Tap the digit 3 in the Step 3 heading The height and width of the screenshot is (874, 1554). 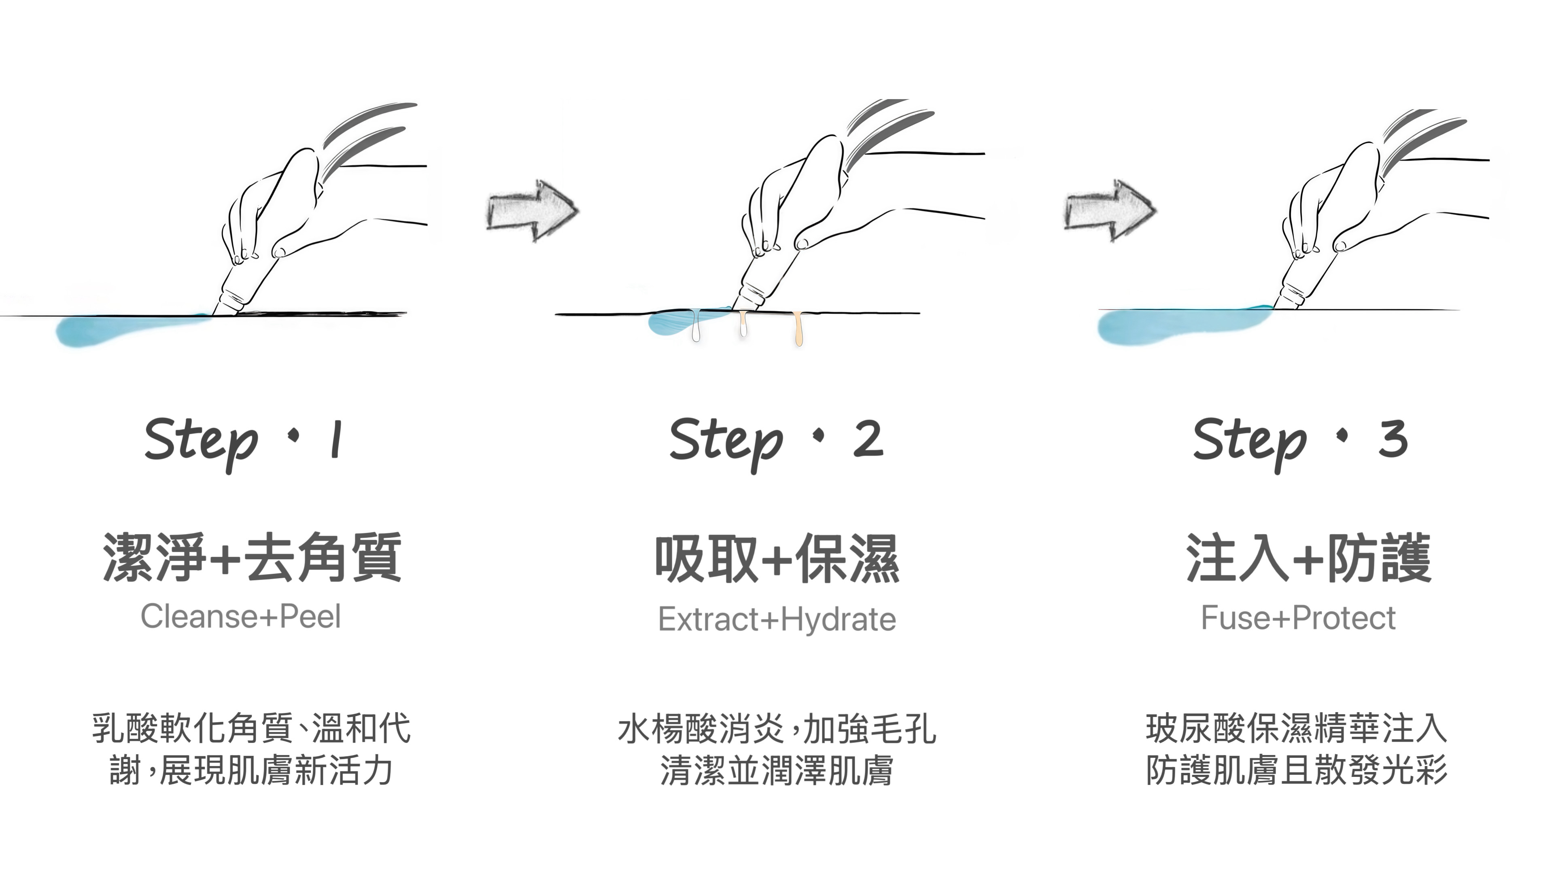(x=1393, y=439)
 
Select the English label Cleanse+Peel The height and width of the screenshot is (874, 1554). (x=241, y=616)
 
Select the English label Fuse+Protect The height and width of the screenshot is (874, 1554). (x=1298, y=617)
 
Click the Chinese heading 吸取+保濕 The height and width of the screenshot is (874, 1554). (x=777, y=558)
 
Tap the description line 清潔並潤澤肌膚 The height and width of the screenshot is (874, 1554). (x=777, y=770)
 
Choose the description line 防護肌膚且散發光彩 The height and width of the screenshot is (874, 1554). (x=1297, y=770)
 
